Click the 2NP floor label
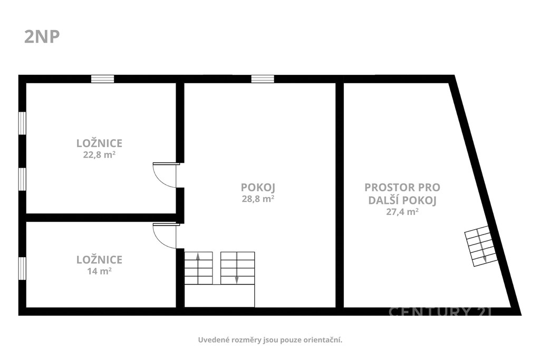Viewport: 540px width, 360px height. (42, 37)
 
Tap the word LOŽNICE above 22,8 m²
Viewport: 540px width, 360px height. (99, 143)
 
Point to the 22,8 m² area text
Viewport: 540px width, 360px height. (99, 155)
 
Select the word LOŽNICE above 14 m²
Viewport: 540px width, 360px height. (99, 259)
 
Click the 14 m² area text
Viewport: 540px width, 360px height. (99, 271)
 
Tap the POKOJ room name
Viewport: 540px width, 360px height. (258, 188)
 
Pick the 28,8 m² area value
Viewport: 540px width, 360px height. (258, 199)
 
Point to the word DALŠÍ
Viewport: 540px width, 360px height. (382, 200)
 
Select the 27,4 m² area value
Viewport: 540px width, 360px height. (402, 212)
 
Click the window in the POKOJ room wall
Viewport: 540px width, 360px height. (263, 79)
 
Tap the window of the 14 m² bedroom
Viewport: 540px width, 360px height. (22, 269)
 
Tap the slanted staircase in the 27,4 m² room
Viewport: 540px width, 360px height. (481, 246)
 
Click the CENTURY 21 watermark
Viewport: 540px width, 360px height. (440, 312)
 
